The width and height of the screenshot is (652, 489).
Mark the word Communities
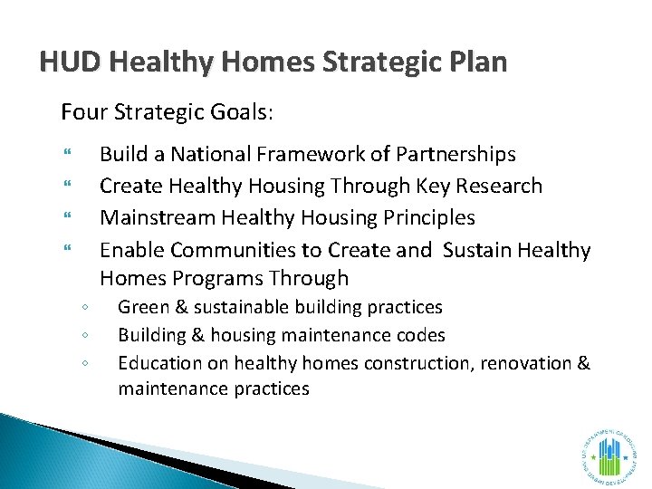(x=227, y=250)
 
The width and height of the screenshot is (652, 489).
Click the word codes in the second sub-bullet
(x=421, y=336)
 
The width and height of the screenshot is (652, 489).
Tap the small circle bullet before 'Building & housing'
(x=83, y=336)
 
